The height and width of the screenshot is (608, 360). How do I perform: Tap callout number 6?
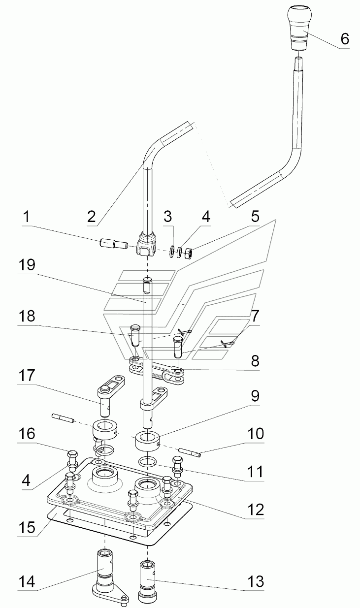click(345, 39)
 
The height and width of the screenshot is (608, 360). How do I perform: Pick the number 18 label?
click(27, 316)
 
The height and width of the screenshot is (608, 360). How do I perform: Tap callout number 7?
click(255, 316)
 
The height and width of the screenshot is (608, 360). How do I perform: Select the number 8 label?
click(255, 361)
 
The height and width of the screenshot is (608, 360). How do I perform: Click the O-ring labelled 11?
click(147, 461)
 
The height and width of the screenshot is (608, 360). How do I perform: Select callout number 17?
click(27, 376)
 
